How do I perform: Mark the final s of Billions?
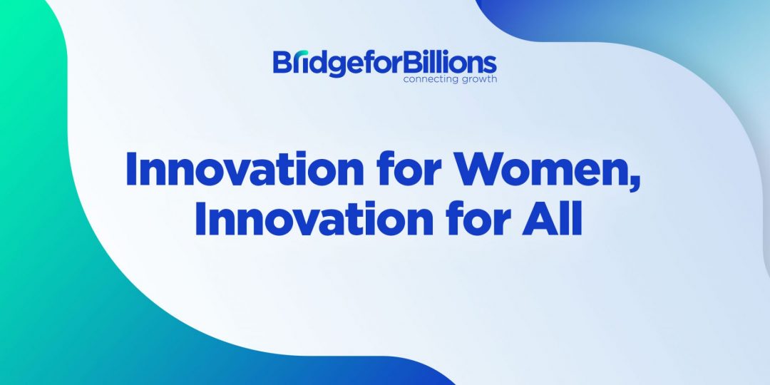pos(490,66)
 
